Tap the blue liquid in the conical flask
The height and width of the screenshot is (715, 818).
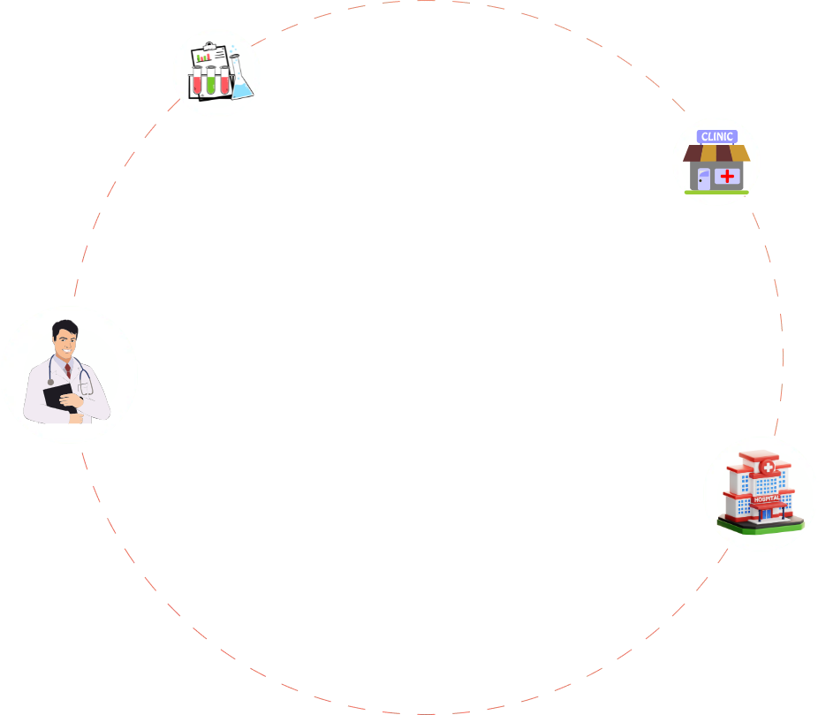[242, 91]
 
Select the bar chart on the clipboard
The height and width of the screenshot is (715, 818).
[203, 57]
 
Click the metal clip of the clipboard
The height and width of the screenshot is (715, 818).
[209, 45]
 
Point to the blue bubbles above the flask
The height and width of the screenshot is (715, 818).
[232, 49]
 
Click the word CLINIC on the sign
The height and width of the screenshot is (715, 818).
[716, 137]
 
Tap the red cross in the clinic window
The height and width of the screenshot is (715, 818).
[727, 177]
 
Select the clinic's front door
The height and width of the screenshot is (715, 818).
[704, 179]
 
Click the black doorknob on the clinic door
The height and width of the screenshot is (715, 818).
[701, 180]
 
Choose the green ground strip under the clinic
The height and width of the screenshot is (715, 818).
[716, 193]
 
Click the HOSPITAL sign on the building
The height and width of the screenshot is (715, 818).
[767, 499]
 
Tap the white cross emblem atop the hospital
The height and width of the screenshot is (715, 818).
[768, 467]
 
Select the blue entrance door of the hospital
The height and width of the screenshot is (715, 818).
[766, 514]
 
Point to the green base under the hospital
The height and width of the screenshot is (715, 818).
[761, 526]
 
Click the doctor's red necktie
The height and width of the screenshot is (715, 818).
[68, 371]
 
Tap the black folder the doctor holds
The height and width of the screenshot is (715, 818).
[59, 398]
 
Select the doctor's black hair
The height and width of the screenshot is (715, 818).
[64, 329]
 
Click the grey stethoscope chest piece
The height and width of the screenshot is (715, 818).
[50, 383]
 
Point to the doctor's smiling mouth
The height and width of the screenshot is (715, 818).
[67, 350]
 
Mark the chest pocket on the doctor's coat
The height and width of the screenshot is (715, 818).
[85, 388]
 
